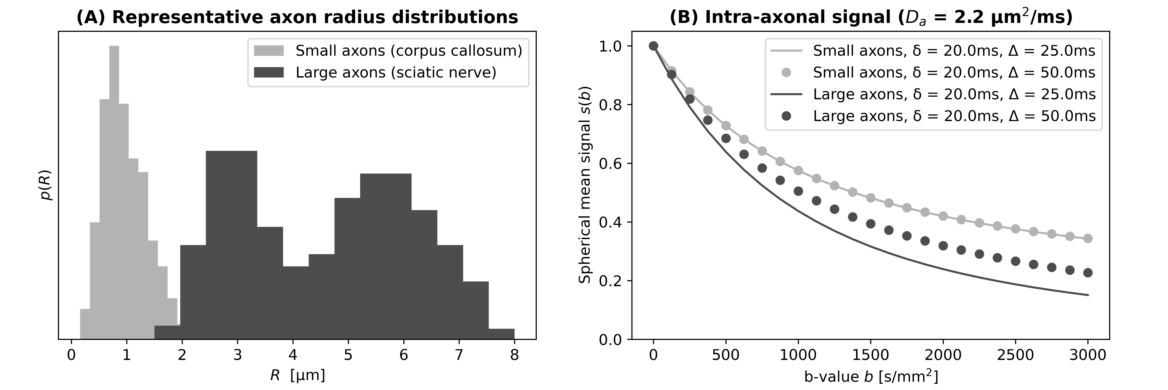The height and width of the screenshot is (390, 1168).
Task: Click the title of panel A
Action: tap(297, 17)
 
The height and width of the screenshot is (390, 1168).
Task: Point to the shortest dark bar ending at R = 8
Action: tap(501, 334)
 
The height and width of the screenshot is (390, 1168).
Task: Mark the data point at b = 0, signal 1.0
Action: tap(653, 46)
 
